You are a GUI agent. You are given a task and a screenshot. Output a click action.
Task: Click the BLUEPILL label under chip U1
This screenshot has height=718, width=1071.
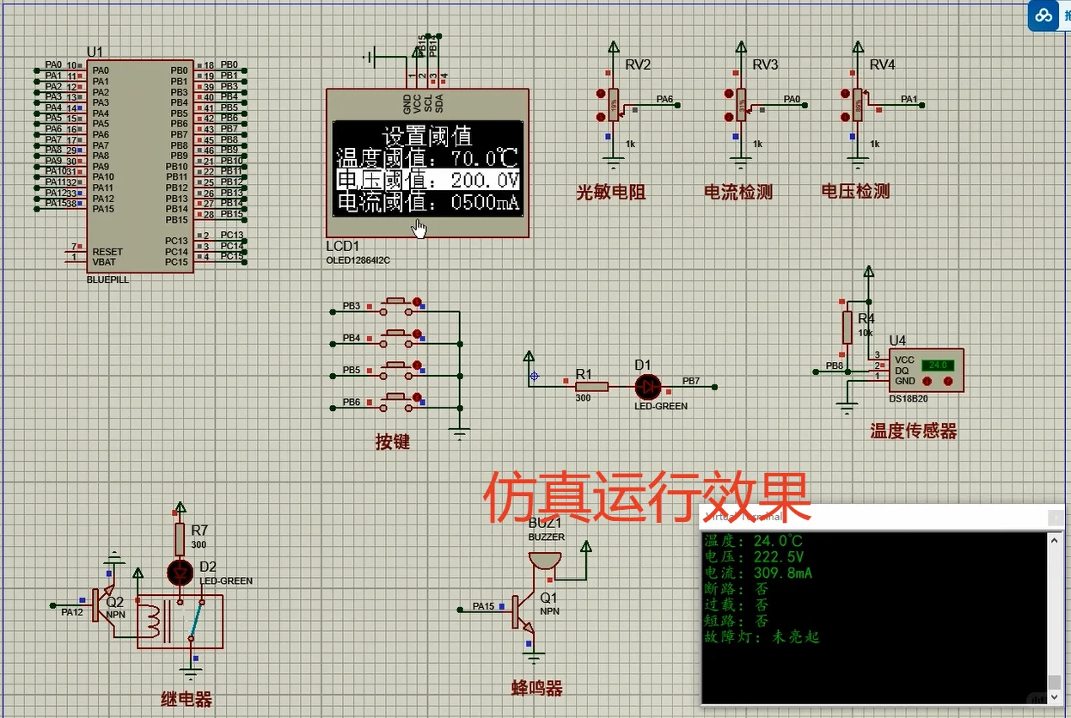click(108, 279)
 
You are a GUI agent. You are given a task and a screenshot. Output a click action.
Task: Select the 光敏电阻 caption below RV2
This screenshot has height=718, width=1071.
click(611, 192)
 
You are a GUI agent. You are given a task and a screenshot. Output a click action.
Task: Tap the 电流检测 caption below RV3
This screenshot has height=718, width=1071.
click(738, 192)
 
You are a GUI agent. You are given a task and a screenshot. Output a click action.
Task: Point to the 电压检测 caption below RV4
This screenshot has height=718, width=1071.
click(855, 191)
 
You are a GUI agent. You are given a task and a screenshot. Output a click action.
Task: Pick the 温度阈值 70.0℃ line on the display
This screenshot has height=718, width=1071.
click(427, 158)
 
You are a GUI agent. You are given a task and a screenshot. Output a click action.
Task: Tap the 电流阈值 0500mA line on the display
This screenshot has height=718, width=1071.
click(427, 203)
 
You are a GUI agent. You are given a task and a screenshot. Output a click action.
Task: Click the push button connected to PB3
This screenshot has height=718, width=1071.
click(396, 303)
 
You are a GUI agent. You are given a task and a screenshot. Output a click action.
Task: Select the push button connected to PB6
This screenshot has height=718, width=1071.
click(396, 399)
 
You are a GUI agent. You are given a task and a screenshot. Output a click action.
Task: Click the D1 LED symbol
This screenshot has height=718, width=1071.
click(647, 386)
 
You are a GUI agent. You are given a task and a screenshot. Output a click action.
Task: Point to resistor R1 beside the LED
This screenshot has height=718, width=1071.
click(591, 386)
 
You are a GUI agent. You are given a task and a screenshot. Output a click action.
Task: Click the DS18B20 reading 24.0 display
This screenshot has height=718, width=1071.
click(937, 365)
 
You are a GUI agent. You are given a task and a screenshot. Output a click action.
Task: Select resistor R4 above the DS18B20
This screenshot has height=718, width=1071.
click(848, 327)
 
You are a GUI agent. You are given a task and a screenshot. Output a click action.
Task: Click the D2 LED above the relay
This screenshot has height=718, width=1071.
click(181, 572)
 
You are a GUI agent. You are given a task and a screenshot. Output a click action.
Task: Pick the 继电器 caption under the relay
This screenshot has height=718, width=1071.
click(186, 699)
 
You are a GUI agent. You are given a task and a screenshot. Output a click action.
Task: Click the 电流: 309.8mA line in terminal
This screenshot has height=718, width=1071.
click(758, 573)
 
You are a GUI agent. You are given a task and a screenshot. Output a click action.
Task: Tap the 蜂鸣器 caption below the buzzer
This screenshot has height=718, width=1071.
click(537, 688)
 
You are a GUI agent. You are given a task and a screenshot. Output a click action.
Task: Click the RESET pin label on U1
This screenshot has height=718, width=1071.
click(107, 252)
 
